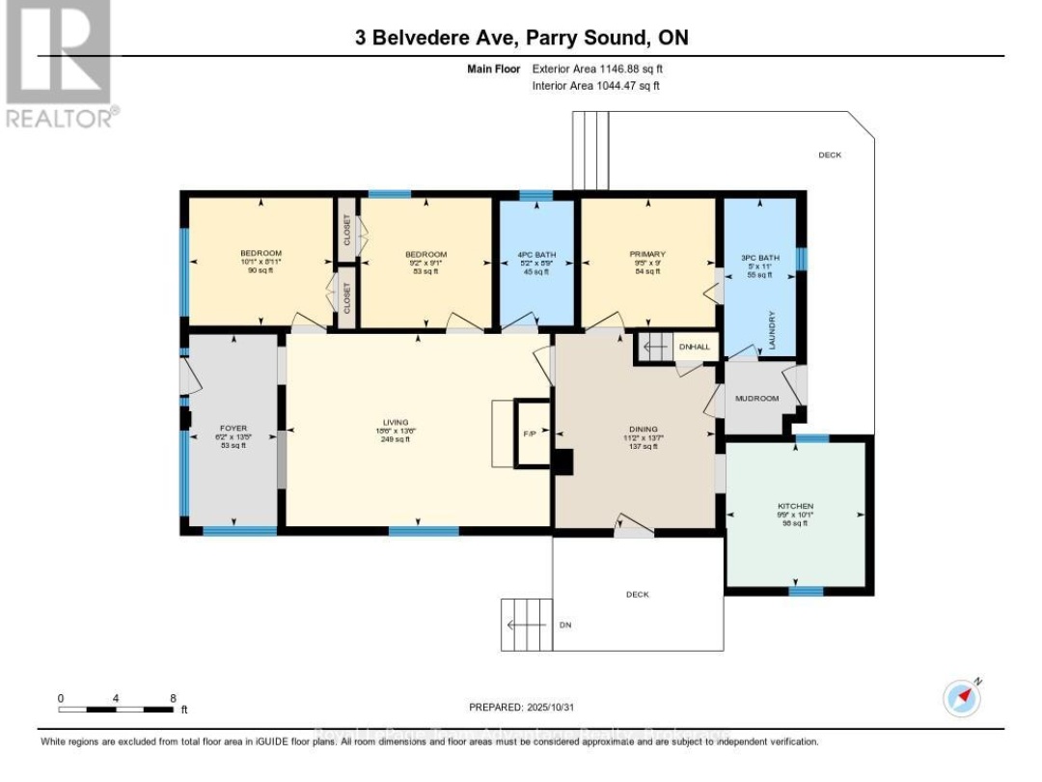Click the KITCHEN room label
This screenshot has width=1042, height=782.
click(x=796, y=506)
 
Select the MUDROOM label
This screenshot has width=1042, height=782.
click(x=756, y=398)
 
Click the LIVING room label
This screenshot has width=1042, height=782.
click(x=396, y=422)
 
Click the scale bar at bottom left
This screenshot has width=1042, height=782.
click(x=116, y=709)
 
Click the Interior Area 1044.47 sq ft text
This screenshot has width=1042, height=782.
click(x=595, y=86)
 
